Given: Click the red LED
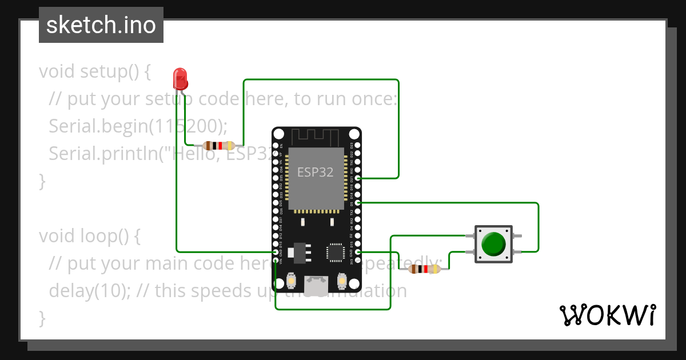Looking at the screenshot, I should click(x=180, y=78).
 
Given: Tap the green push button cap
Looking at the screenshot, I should click(x=493, y=243).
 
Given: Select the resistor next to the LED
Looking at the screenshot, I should click(x=219, y=145).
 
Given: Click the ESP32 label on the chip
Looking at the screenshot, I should click(x=315, y=172).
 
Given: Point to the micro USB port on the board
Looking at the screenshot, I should click(x=316, y=285).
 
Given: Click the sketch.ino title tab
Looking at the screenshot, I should click(x=101, y=25).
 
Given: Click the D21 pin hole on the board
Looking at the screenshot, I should click(x=358, y=178).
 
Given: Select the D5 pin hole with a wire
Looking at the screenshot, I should click(x=358, y=203).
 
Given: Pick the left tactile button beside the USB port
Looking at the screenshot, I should click(x=291, y=281).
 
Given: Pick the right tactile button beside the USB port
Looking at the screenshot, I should click(x=342, y=281).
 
